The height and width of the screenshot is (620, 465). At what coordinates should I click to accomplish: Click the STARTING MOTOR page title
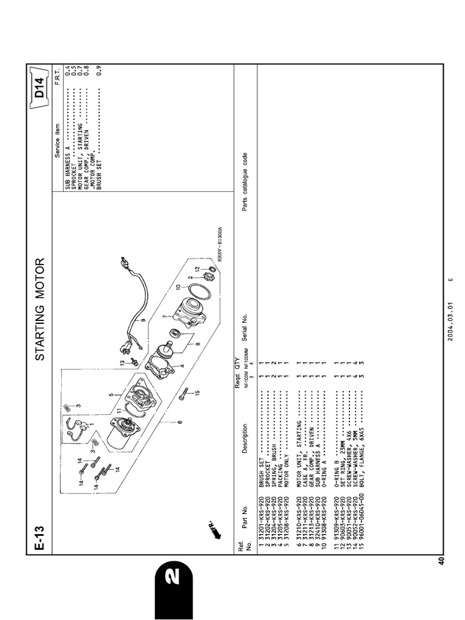[40, 309]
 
